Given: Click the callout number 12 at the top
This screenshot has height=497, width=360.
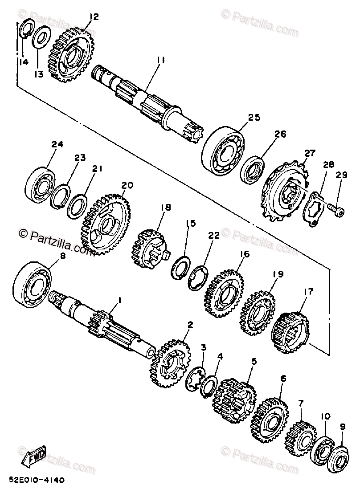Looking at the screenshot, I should [94, 17].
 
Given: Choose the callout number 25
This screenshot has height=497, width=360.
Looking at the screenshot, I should [254, 118].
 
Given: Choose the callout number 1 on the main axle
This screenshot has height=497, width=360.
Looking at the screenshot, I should [119, 301].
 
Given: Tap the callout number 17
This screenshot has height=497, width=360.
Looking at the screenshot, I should [308, 292].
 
